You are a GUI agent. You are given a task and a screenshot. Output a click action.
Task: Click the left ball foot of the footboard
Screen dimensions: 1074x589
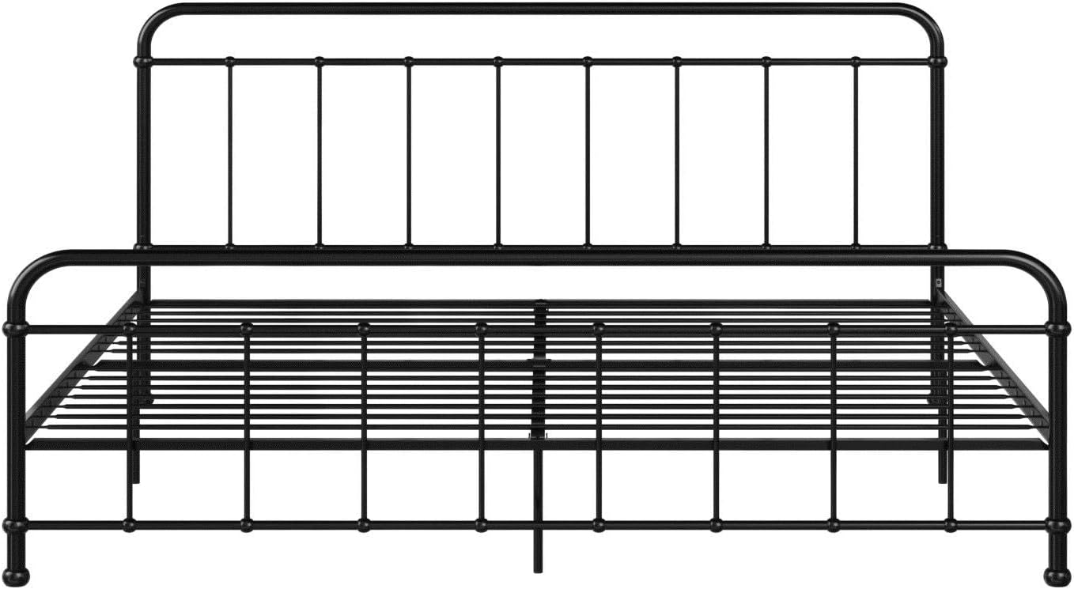(17, 575)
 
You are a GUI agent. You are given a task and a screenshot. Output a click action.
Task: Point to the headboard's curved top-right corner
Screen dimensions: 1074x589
(929, 20)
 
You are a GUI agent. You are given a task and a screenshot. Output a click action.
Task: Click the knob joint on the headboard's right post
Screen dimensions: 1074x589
(938, 61)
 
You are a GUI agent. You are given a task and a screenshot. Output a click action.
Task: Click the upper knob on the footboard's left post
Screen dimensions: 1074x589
(16, 327)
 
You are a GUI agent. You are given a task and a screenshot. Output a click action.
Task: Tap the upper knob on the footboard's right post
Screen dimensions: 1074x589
(1057, 327)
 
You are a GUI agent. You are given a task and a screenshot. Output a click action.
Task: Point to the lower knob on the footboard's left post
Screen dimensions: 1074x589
(16, 524)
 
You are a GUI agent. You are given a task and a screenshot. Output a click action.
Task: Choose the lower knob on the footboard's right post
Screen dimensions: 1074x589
(1057, 524)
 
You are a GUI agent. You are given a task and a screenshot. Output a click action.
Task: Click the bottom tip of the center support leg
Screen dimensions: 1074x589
(538, 569)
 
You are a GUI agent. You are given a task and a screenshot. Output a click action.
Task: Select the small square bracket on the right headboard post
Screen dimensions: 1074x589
(939, 281)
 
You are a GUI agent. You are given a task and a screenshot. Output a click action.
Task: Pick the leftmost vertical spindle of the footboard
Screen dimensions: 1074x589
(129, 427)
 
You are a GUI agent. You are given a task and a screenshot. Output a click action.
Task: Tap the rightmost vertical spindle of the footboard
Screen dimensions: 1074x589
(950, 427)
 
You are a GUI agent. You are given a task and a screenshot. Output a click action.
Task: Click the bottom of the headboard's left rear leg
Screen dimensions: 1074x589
(136, 478)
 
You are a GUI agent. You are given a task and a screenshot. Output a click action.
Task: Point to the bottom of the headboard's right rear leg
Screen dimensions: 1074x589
(943, 478)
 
